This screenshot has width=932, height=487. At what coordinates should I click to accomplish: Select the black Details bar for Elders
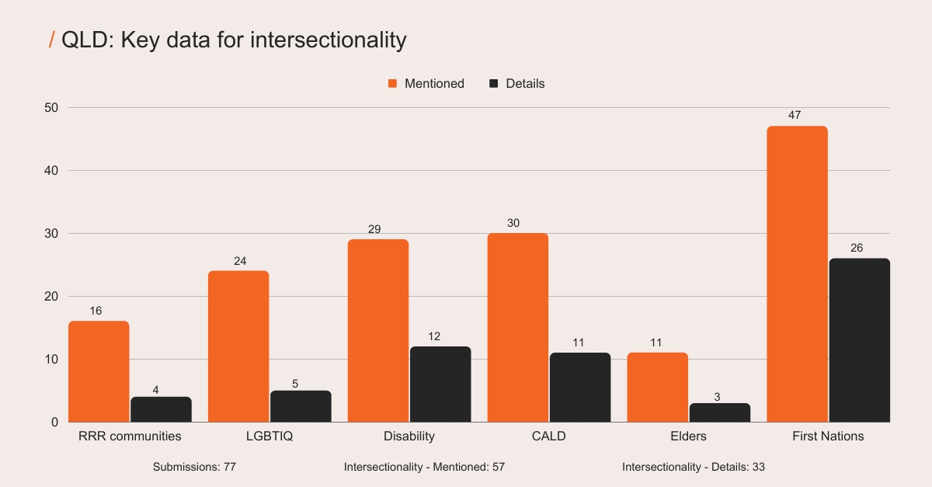[x=720, y=412]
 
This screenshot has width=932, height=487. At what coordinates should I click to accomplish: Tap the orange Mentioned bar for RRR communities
[x=99, y=371]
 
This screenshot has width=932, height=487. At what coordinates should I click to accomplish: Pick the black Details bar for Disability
[x=440, y=384]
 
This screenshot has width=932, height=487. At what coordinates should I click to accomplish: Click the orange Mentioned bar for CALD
[x=518, y=327]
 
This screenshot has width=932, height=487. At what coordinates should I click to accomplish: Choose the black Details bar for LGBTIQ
[x=301, y=406]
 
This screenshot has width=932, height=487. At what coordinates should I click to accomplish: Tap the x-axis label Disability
[x=409, y=436]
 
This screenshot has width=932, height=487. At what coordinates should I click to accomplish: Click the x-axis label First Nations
[x=828, y=436]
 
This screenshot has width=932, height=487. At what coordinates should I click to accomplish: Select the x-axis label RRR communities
[x=130, y=436]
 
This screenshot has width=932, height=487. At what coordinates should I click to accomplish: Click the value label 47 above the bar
[x=796, y=115]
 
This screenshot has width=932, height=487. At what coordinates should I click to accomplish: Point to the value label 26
[x=859, y=248]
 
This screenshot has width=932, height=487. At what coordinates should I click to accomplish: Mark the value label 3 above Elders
[x=718, y=397]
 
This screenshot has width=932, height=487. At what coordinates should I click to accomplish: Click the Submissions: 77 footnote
[x=194, y=467]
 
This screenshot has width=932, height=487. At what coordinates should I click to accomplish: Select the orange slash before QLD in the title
[x=51, y=40]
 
